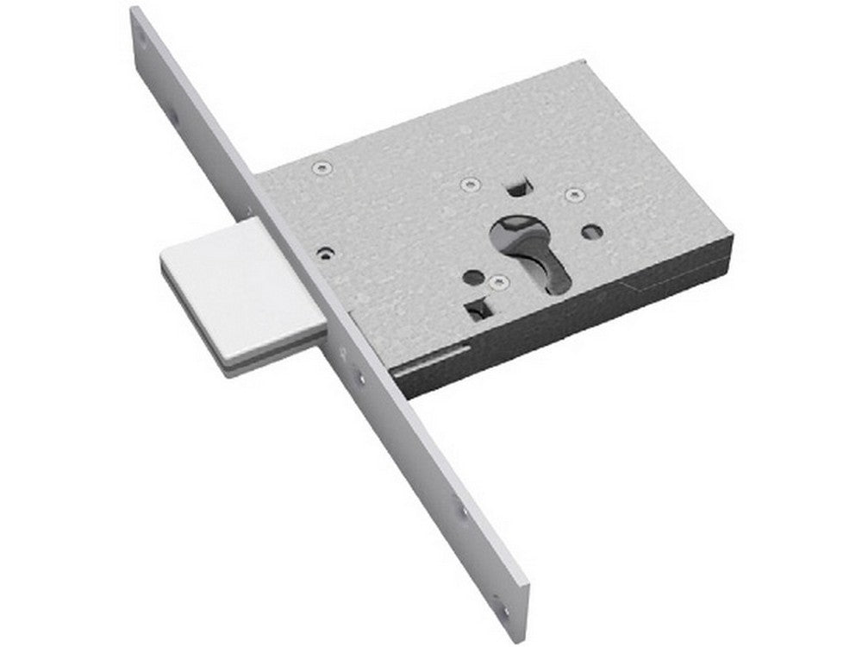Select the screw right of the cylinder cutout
click(573, 196)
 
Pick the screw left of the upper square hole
click(469, 184)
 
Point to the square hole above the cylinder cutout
click(516, 185)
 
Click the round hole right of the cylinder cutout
click(590, 231)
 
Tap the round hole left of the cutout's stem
click(472, 278)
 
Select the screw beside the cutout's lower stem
click(497, 282)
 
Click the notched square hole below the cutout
click(474, 308)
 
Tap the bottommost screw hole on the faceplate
click(504, 608)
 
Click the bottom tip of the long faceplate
click(517, 637)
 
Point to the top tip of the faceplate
click(136, 10)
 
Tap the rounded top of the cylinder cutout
click(515, 224)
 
